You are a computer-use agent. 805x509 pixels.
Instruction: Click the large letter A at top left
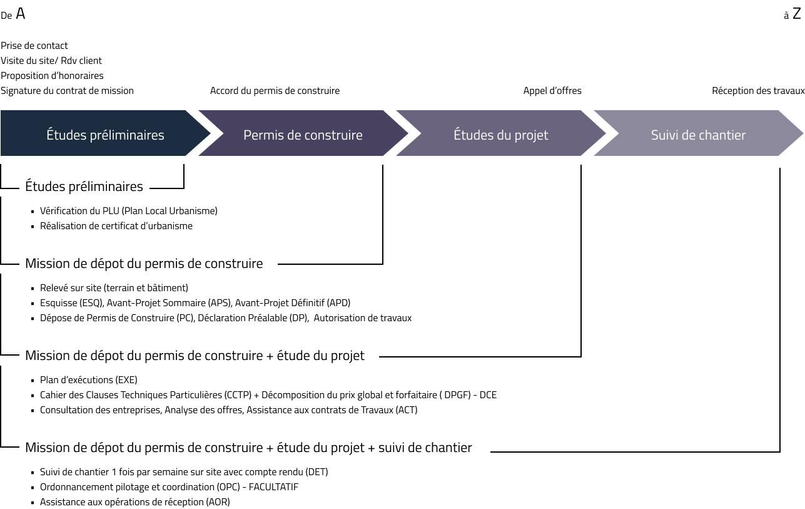(21, 14)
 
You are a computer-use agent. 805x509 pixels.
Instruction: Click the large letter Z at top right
(797, 14)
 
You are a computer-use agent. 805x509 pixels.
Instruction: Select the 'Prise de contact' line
(34, 46)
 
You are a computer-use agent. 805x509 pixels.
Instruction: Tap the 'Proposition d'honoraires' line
(52, 76)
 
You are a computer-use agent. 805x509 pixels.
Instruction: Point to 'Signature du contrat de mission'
(67, 91)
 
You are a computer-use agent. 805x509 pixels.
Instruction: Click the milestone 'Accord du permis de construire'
(275, 91)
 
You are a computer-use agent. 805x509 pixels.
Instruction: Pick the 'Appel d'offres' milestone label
(552, 91)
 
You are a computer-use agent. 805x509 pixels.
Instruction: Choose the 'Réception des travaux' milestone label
(758, 91)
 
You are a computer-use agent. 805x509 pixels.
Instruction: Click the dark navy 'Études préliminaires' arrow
(105, 133)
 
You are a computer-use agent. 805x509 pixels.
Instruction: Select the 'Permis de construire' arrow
(303, 133)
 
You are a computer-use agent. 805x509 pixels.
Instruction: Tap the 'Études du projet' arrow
(500, 133)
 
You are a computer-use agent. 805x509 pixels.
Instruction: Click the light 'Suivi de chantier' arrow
(698, 133)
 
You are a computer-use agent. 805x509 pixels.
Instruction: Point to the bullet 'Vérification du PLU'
(129, 211)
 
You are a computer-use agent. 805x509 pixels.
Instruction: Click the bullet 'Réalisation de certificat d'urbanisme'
(116, 226)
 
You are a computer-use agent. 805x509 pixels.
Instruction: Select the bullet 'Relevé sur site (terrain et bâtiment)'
(114, 288)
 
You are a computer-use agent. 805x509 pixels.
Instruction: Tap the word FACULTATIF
(273, 487)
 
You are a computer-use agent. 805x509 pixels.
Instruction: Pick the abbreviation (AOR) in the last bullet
(218, 502)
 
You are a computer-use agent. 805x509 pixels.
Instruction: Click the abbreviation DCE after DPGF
(488, 395)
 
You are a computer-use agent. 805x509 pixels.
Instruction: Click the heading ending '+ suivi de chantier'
(248, 448)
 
